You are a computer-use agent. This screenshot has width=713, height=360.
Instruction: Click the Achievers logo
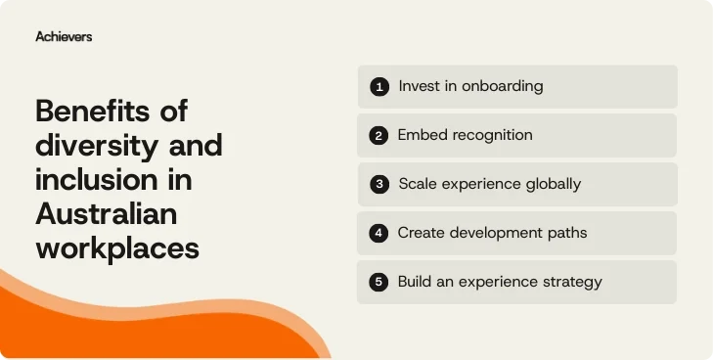coord(64,36)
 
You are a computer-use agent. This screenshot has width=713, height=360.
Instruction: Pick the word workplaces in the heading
coord(117,247)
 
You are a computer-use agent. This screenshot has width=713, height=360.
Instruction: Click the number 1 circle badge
coord(379,87)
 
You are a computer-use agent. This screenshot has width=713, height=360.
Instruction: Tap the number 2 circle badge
coord(379,136)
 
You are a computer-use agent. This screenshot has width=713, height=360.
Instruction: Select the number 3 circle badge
coord(379,184)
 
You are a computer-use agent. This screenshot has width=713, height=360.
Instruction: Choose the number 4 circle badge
coord(379,234)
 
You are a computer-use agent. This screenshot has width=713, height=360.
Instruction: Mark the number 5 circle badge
coord(379,283)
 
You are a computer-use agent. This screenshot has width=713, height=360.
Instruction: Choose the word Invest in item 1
coord(419,86)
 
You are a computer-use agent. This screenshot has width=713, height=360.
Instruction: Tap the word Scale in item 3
coord(418,184)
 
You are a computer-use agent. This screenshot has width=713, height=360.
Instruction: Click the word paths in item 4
coord(566,233)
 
